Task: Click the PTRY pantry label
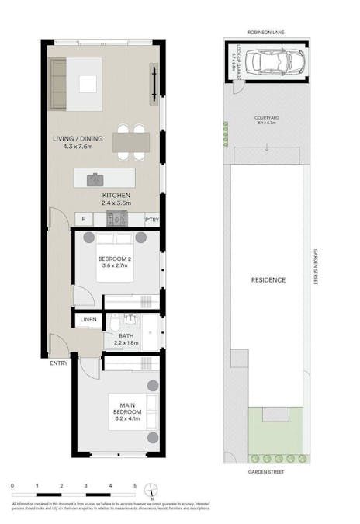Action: pos(151,220)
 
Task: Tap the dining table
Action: pos(130,141)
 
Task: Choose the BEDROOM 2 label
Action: pos(115,262)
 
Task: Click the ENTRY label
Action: pos(58,363)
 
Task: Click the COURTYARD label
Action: pos(266,118)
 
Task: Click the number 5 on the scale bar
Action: pos(134,485)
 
